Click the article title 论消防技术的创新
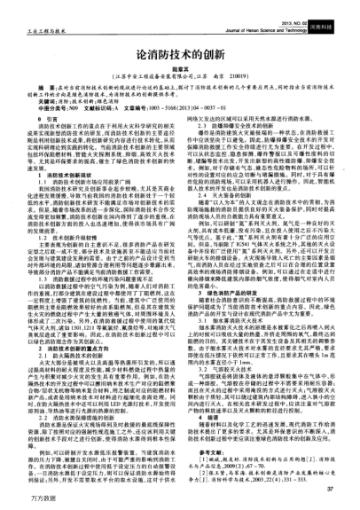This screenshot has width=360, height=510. click(x=179, y=54)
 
